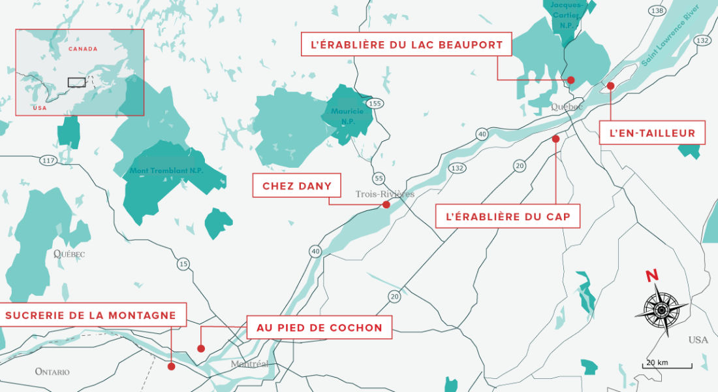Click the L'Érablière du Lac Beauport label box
[x=402, y=45]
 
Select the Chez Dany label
[x=297, y=186]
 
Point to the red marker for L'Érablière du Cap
[x=555, y=139]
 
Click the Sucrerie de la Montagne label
[x=91, y=316]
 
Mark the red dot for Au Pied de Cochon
[x=201, y=348]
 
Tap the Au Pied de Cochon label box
[x=319, y=327]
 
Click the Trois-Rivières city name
[x=384, y=194]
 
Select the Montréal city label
[x=249, y=364]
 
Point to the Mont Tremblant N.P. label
[x=166, y=171]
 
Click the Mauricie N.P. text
[x=347, y=115]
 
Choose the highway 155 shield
[x=375, y=103]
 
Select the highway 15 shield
[x=183, y=263]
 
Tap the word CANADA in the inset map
[x=82, y=49]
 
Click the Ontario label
[x=52, y=371]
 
